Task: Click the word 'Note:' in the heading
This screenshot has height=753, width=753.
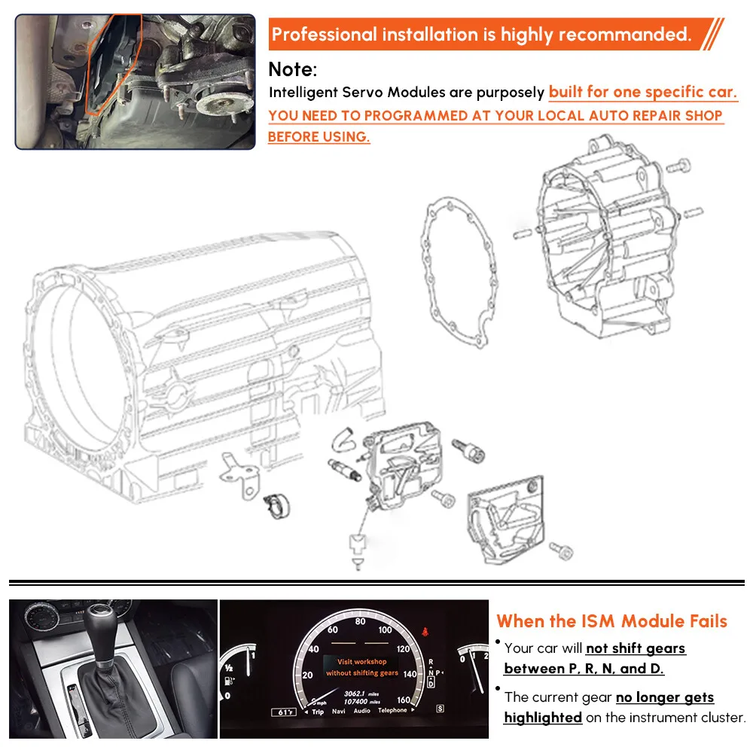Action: coord(293,69)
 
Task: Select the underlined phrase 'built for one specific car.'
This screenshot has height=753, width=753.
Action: coord(643,93)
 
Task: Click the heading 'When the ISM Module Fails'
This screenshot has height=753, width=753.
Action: coord(611,621)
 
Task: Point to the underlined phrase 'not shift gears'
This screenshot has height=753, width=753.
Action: coord(636,648)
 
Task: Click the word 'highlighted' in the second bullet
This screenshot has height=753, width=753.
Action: coord(542,718)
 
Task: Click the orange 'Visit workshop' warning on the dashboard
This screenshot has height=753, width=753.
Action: coord(362,661)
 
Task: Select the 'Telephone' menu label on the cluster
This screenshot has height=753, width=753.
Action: coord(392,711)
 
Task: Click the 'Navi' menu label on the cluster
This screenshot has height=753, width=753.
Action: coord(339,711)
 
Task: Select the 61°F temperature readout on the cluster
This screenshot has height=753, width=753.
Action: coord(285,712)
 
